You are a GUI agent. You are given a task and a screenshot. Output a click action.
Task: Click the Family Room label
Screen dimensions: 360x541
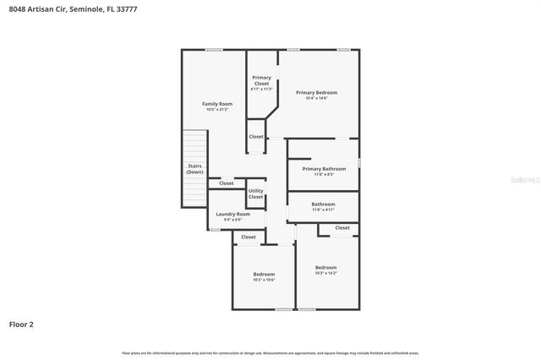tap(217, 104)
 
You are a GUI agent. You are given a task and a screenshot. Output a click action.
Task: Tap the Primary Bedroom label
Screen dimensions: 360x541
tap(316, 92)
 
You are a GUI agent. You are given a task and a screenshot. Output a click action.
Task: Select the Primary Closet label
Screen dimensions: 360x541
tap(262, 81)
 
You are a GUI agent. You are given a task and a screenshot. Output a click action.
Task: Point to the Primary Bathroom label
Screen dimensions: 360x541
tap(324, 169)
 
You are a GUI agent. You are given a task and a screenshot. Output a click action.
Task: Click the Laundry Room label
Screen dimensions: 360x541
tap(232, 214)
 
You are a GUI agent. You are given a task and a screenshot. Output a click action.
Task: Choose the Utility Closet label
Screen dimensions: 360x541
tap(256, 194)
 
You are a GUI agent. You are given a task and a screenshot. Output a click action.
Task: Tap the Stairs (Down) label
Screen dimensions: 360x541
tap(194, 169)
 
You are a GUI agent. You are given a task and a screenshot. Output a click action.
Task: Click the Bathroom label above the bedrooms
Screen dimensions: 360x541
tap(323, 204)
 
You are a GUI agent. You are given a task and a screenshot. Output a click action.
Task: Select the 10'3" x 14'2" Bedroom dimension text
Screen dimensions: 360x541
tap(325, 273)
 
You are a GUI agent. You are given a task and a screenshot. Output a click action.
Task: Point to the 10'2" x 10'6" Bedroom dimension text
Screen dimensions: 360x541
tap(264, 280)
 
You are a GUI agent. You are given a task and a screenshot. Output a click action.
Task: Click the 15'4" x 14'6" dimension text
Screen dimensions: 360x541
tap(316, 98)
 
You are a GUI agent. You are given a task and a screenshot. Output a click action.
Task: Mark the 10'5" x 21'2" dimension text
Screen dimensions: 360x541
tap(217, 110)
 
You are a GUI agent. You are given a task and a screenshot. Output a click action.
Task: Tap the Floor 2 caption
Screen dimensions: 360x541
tap(22, 324)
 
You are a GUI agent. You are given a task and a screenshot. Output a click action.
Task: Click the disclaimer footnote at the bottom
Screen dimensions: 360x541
tap(270, 352)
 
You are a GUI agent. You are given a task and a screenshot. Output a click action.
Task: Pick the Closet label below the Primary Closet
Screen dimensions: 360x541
tap(256, 136)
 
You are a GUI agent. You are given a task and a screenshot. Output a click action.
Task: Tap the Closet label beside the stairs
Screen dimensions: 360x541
tap(227, 183)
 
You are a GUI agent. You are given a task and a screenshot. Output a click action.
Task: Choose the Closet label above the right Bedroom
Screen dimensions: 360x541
tap(342, 227)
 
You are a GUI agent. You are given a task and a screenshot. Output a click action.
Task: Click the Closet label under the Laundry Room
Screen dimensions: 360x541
tap(249, 237)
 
